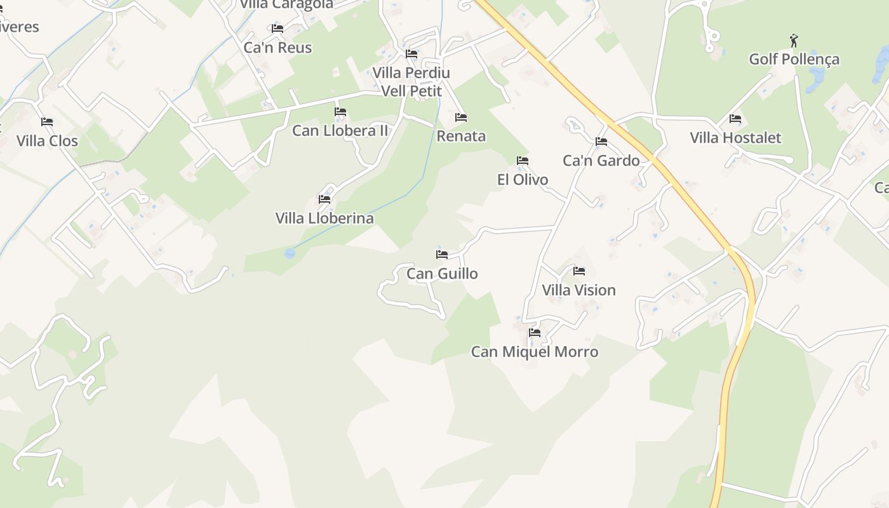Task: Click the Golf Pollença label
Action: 794,59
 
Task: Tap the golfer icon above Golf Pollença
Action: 794,41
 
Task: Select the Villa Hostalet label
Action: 735,137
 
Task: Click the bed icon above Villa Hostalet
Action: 735,119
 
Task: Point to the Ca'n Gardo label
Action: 601,160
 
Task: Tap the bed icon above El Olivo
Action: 523,161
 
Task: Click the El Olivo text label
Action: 523,179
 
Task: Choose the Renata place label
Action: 461,136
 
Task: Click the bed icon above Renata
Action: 461,117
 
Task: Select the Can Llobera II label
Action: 340,130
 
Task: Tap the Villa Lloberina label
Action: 324,218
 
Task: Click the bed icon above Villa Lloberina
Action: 324,199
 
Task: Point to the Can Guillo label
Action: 442,273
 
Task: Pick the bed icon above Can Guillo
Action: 442,255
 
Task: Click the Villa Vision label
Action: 578,290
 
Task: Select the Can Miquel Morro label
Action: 535,351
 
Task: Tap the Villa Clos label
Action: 47,140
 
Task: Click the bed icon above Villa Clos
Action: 47,122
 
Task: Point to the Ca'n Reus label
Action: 277,48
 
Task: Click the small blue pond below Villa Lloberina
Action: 290,253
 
